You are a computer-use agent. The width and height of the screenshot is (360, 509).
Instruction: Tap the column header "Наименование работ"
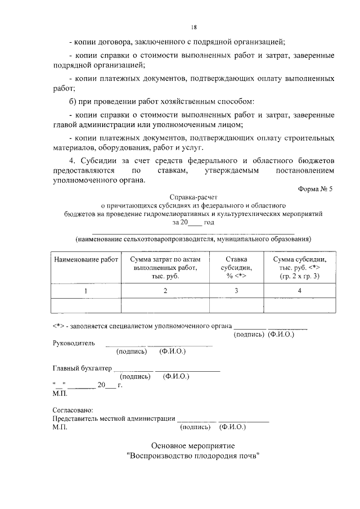pyautogui.click(x=86, y=259)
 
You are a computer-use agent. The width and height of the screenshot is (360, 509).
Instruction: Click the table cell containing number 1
pyautogui.click(x=86, y=290)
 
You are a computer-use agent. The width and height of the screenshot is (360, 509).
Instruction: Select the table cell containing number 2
pyautogui.click(x=165, y=290)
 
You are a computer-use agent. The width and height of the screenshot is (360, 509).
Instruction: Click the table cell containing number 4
pyautogui.click(x=300, y=290)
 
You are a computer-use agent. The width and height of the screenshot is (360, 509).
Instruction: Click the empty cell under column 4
pyautogui.click(x=300, y=305)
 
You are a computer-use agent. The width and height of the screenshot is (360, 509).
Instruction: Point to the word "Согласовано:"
pyautogui.click(x=73, y=410)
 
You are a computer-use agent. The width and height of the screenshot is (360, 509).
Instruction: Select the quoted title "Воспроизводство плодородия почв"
pyautogui.click(x=195, y=456)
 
